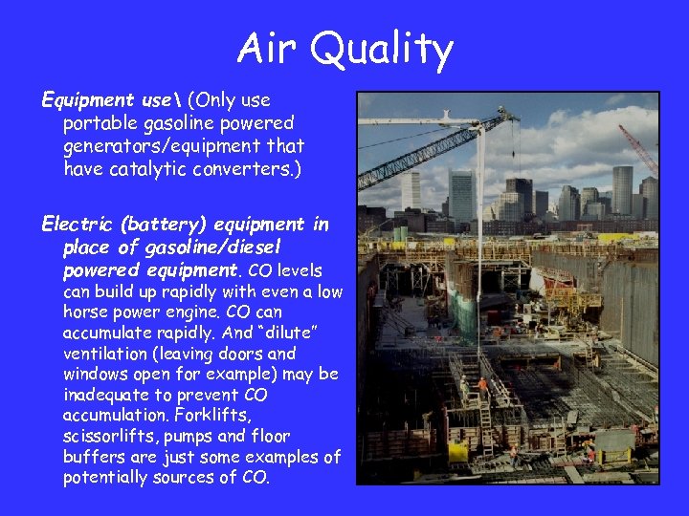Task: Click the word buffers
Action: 94,457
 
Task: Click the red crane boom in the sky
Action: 637,148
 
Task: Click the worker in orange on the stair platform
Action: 483,387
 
